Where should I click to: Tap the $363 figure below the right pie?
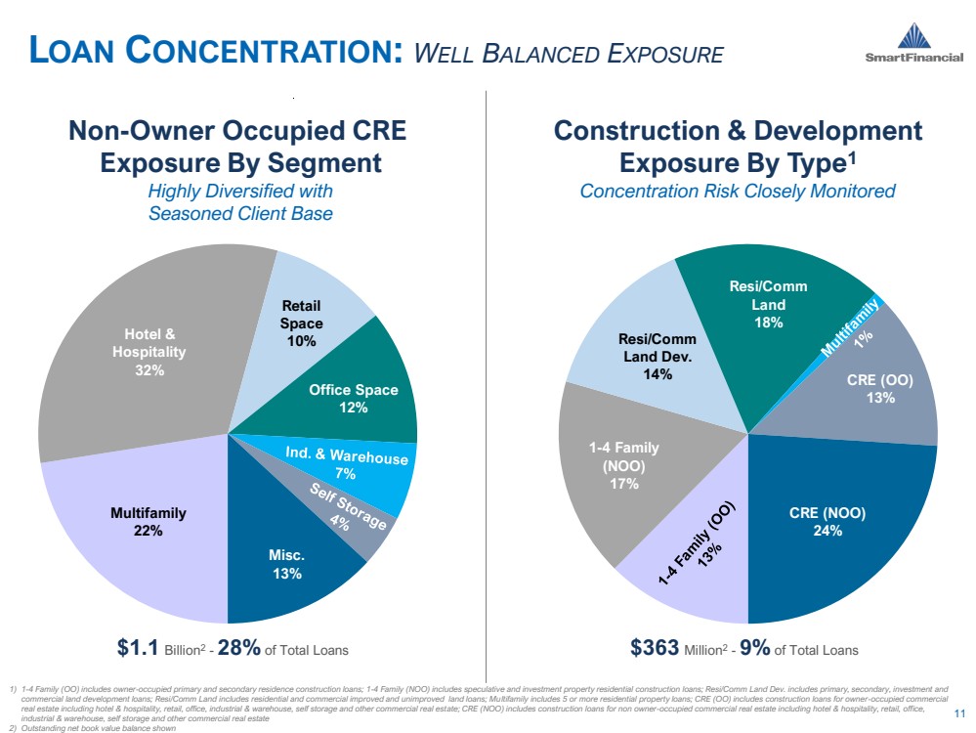click(x=655, y=647)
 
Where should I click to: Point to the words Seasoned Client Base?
click(x=240, y=213)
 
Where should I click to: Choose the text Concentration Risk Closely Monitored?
click(x=738, y=191)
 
